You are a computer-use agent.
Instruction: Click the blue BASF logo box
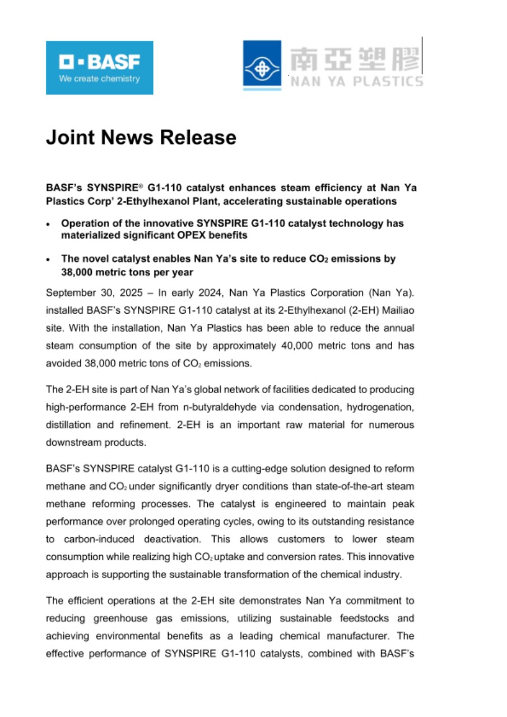[x=99, y=67]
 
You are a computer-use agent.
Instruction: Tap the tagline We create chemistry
[x=99, y=79]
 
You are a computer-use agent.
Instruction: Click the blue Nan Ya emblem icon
[x=262, y=65]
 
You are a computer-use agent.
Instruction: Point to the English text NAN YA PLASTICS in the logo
[x=356, y=82]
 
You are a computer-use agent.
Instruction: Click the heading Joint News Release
[x=141, y=137]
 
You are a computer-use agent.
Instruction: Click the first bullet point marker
[x=49, y=224]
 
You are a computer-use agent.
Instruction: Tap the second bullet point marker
[x=49, y=260]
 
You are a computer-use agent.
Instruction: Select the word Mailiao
[x=395, y=310]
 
